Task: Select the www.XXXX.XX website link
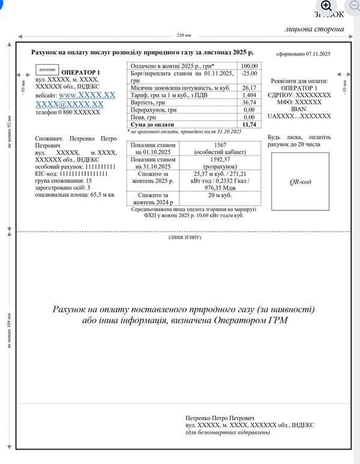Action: point(87,95)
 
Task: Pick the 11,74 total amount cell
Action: point(249,124)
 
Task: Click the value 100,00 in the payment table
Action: point(249,66)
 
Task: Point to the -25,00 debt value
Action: point(249,73)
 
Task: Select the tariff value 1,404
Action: point(249,95)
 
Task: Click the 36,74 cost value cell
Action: point(249,103)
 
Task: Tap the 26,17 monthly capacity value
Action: point(249,88)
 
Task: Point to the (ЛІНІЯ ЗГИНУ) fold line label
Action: point(184,238)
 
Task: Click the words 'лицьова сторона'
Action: point(314,28)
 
